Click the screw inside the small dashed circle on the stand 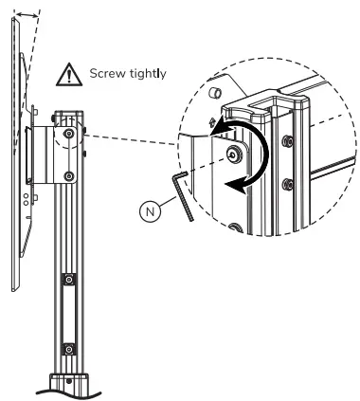pyautogui.click(x=69, y=135)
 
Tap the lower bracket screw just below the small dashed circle pyautogui.click(x=69, y=177)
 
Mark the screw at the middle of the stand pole pyautogui.click(x=69, y=282)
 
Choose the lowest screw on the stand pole pyautogui.click(x=69, y=347)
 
